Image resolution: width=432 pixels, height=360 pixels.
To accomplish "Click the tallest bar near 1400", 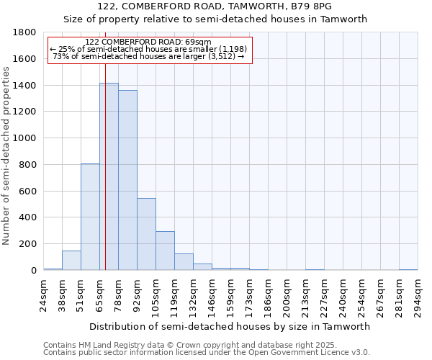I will (x=109, y=176).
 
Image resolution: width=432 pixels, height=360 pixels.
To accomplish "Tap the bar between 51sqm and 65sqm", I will (x=90, y=217).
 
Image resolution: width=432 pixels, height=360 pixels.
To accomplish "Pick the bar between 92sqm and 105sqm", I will (x=146, y=234).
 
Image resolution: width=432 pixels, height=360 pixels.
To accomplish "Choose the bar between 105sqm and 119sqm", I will (x=165, y=251).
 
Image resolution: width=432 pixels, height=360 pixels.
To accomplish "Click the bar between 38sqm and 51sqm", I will (x=71, y=261).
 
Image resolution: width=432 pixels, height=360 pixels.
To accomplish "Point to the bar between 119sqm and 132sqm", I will (x=184, y=262).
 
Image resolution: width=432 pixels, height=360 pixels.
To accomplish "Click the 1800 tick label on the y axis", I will (x=25, y=32).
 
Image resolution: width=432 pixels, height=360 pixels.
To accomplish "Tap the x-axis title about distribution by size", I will (x=230, y=326).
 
